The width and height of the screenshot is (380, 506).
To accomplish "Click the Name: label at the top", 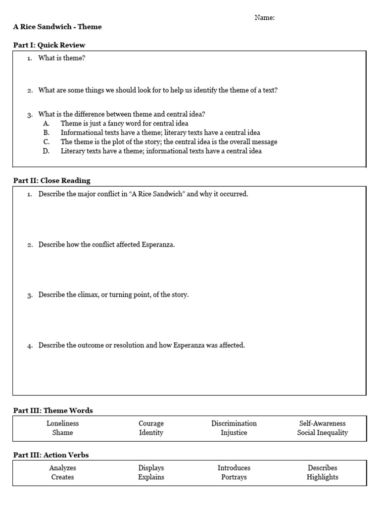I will [265, 18].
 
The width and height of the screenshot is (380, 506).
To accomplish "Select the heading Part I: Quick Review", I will [49, 45].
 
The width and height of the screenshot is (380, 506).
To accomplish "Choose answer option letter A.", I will [46, 123].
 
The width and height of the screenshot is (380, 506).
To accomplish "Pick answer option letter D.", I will [46, 151].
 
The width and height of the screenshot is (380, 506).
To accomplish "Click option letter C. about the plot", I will [46, 142].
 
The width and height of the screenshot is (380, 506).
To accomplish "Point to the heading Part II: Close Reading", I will [51, 180].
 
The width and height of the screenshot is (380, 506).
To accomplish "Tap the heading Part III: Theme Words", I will [53, 411].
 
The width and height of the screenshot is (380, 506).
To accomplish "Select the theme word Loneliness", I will [63, 423].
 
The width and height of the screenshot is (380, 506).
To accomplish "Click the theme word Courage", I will [151, 423].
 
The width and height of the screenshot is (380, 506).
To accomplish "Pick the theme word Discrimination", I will [234, 423].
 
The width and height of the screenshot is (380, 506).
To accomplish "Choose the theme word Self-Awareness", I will [322, 423].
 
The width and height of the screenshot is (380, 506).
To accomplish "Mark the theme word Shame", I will [63, 433].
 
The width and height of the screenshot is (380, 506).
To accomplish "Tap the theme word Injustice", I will [234, 433].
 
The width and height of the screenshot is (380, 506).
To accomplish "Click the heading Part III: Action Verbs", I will [51, 455].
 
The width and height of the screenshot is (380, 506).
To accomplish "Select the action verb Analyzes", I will [63, 468].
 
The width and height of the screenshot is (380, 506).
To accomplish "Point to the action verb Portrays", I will [234, 477].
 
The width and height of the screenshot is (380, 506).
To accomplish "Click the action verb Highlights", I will [322, 477].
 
